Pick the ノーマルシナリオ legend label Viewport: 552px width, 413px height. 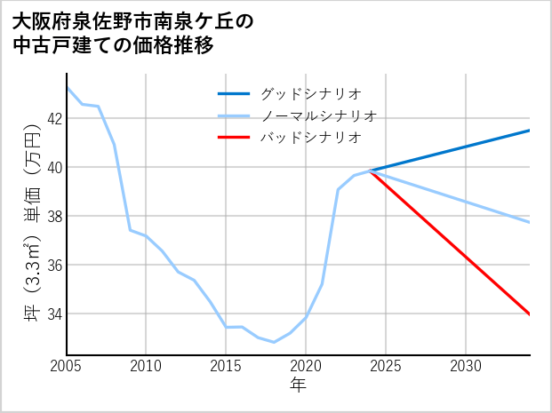[318, 115]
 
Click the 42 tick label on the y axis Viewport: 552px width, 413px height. [53, 118]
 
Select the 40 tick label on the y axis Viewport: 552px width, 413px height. [53, 167]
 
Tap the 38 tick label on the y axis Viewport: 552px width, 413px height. [53, 216]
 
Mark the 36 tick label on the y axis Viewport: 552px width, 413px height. [53, 265]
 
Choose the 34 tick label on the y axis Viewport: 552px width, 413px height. [53, 314]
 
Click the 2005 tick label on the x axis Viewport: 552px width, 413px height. [67, 366]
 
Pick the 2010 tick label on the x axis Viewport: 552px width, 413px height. [146, 366]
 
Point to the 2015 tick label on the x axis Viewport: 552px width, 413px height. [226, 366]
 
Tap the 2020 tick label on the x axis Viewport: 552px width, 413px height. [306, 366]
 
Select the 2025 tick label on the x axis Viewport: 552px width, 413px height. [386, 366]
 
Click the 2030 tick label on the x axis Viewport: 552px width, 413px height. [466, 366]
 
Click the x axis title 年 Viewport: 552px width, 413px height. [299, 385]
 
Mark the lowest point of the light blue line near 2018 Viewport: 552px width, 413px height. [274, 342]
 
